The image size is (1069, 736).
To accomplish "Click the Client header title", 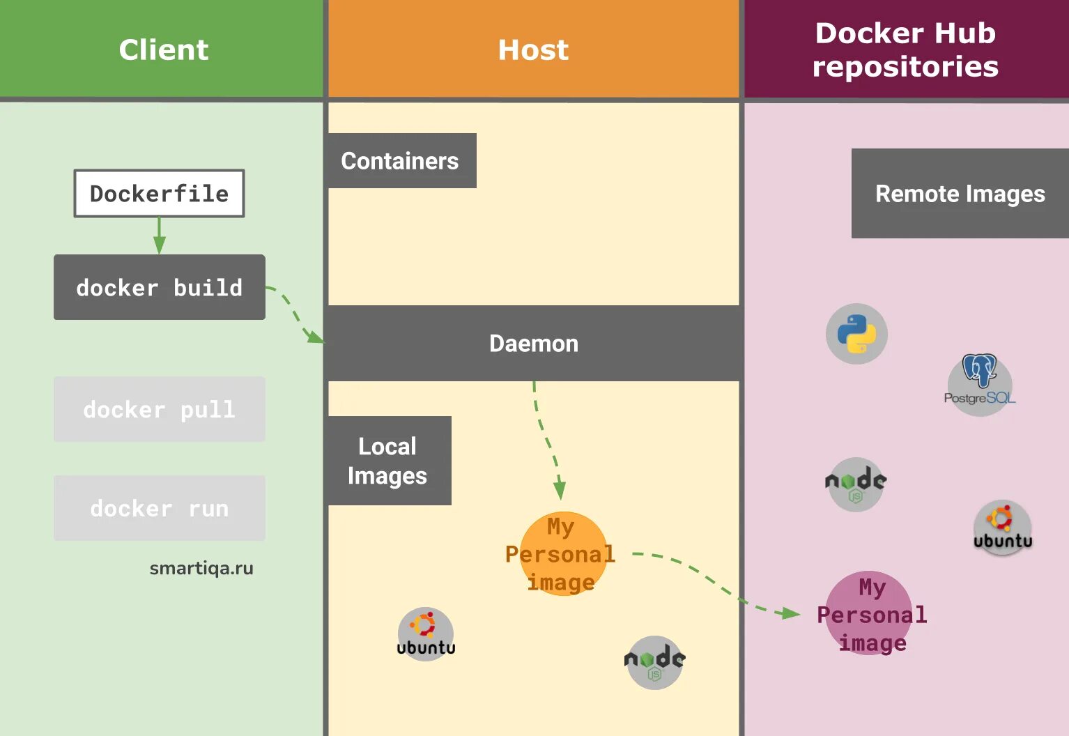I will coord(164,49).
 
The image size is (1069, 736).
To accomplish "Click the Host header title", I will coord(533,49).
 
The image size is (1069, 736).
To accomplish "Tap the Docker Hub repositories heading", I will coord(905,49).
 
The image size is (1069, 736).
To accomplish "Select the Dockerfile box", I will coord(160,193).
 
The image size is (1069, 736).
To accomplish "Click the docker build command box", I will coord(160,287).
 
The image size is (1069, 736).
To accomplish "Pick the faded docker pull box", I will coord(160,409).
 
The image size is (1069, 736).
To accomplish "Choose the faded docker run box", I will coord(160,508).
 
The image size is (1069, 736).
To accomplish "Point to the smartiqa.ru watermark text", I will coord(201,568).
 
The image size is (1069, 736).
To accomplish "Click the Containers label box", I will coord(400,161).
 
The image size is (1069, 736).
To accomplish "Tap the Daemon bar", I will coord(534,343).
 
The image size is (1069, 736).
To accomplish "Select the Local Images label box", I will coord(387,461).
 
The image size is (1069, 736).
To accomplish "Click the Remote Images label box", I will coord(960,193).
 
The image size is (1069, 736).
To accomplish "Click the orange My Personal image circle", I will coord(562,554).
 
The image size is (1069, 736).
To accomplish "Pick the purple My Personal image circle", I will coord(869,614).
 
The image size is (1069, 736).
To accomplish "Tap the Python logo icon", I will coord(856,334).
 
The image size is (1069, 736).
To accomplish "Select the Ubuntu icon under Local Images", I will coord(426,634).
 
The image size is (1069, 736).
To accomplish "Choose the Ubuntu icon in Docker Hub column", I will coord(1003,528).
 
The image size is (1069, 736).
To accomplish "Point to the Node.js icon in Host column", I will coord(654,662).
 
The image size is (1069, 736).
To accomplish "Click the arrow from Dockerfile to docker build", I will coord(160,236).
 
